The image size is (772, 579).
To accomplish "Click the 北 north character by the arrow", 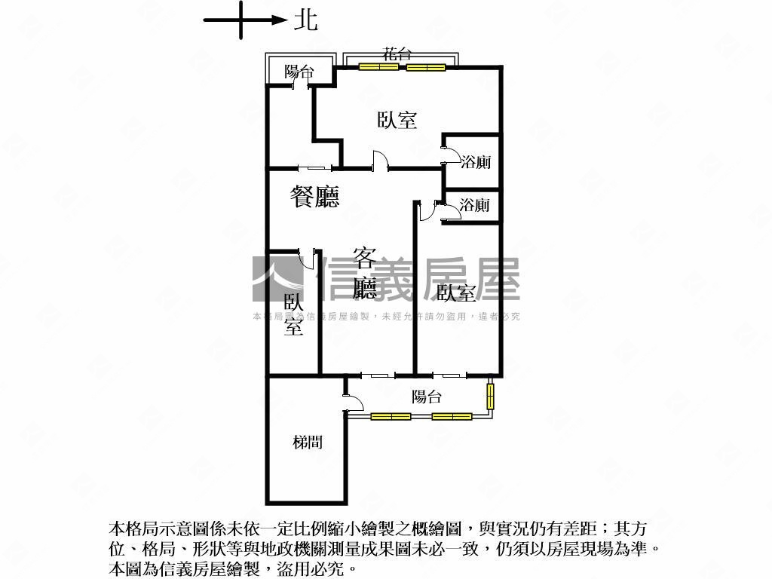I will click(305, 20).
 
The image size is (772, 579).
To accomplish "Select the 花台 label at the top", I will click(397, 54).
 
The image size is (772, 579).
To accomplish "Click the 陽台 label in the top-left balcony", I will click(299, 72).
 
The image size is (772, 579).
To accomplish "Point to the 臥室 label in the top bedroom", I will click(397, 120).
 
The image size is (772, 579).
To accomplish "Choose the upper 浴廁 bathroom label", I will click(476, 162).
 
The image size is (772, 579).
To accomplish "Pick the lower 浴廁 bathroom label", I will click(474, 205).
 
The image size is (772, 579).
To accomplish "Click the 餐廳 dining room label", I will click(315, 197).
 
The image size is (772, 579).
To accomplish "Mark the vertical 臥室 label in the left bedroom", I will click(293, 314).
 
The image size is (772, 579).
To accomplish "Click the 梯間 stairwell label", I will click(308, 442).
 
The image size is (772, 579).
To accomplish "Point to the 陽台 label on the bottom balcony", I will click(427, 397).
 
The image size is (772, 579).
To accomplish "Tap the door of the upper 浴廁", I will click(446, 154).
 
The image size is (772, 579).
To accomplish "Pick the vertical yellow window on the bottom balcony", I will click(490, 397).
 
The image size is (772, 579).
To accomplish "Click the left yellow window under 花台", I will click(378, 67).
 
